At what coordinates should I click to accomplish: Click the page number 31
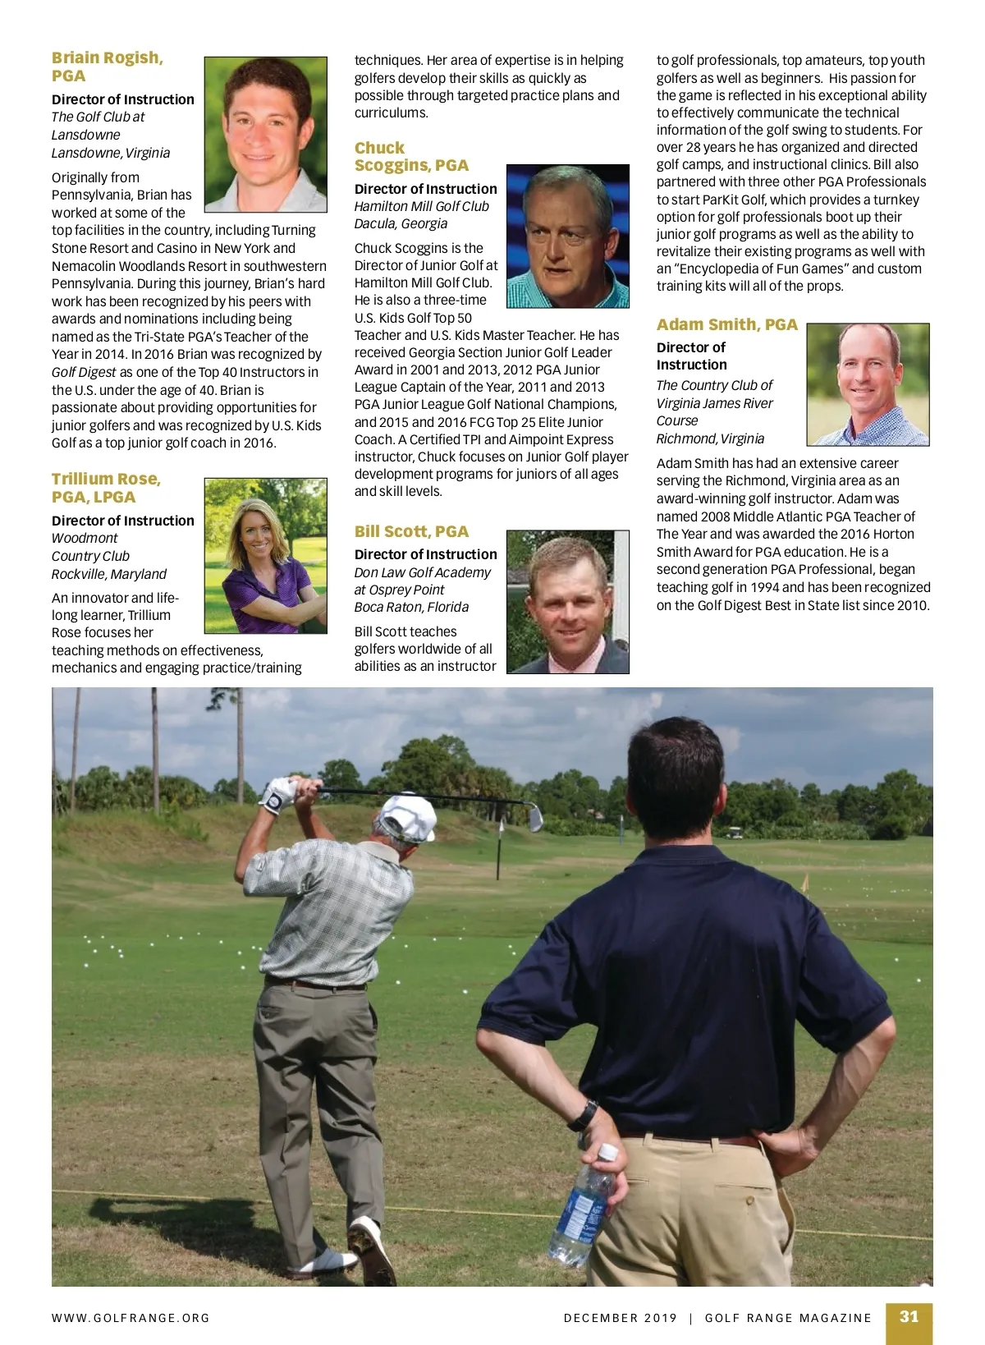pos(909,1316)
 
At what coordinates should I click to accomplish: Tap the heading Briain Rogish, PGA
pos(107,67)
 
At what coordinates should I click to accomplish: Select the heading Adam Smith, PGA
pos(726,324)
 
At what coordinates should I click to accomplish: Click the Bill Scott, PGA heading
pos(411,531)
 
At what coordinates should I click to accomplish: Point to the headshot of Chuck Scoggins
pos(567,236)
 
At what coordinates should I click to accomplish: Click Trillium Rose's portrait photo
pos(265,556)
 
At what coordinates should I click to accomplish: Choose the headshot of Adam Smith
pos(868,384)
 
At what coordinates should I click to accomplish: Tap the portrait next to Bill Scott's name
pos(567,602)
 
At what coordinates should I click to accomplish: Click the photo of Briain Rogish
pos(265,135)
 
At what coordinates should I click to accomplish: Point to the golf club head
pos(534,817)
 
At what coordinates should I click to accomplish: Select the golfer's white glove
pos(278,793)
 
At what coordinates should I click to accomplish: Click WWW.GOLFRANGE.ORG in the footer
pos(131,1318)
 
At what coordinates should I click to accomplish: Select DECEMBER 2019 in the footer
pos(621,1318)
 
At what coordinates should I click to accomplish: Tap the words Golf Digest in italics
pos(84,372)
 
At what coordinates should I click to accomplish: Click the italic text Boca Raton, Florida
pos(411,607)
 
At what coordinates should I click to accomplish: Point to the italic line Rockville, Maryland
pos(109,574)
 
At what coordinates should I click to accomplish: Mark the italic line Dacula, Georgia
pos(401,223)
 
